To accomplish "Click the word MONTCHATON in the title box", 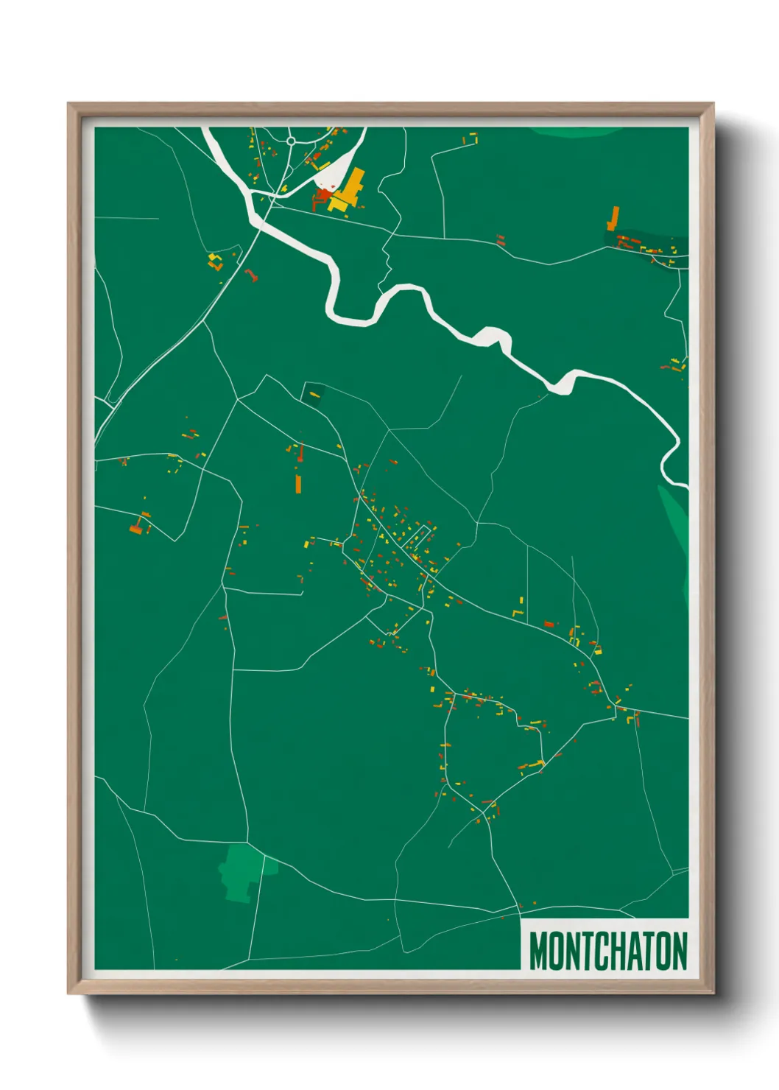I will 607,951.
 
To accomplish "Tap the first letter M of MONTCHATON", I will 538,951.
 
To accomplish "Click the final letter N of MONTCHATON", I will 679,951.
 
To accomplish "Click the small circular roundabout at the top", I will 291,141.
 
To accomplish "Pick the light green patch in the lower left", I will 240,873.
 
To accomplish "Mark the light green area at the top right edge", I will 574,132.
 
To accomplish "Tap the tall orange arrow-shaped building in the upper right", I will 613,218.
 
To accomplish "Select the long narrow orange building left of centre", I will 298,483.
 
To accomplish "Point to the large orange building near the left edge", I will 135,527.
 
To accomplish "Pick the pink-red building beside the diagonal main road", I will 251,275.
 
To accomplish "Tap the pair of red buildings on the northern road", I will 501,240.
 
